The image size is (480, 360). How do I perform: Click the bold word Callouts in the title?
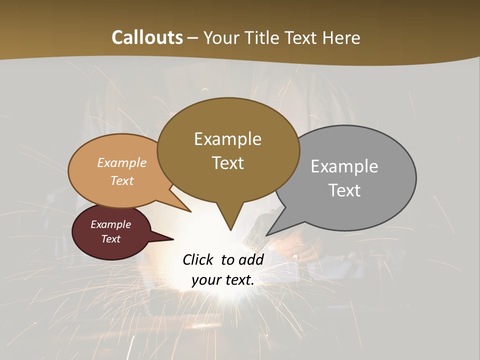point(147,37)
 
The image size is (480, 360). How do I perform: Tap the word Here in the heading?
point(342,37)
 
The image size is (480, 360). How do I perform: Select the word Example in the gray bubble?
point(344,166)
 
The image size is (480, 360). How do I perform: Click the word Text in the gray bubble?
point(344,190)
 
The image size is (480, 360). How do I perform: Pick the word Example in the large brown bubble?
point(227,139)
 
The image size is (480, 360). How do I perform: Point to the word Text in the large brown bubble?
point(227,163)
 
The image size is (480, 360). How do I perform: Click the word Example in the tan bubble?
point(122,162)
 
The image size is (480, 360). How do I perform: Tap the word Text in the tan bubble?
point(122,180)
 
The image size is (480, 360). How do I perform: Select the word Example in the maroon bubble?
point(111,224)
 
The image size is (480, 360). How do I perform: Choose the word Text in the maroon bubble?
point(111,239)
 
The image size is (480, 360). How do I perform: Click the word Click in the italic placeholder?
point(199,259)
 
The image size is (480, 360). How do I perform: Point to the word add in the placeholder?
point(250,259)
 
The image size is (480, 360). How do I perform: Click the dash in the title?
point(193,37)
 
